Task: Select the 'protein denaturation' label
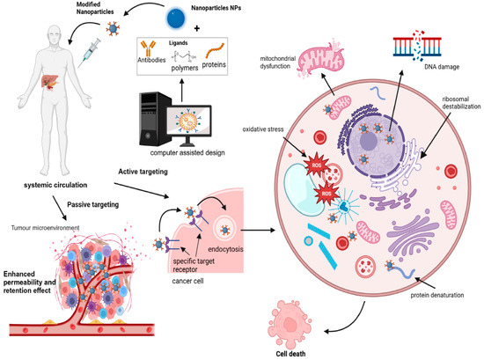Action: click(436, 295)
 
